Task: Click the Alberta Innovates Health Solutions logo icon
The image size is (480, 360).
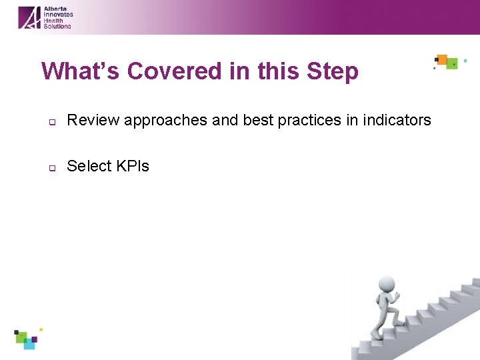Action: click(x=29, y=17)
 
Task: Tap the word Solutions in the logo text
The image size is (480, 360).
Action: click(x=57, y=26)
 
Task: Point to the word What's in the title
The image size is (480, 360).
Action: click(x=81, y=71)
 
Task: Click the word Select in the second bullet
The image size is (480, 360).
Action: click(x=89, y=166)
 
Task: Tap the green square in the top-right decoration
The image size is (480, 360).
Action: click(x=452, y=64)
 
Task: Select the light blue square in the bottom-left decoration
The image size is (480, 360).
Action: click(x=29, y=345)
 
